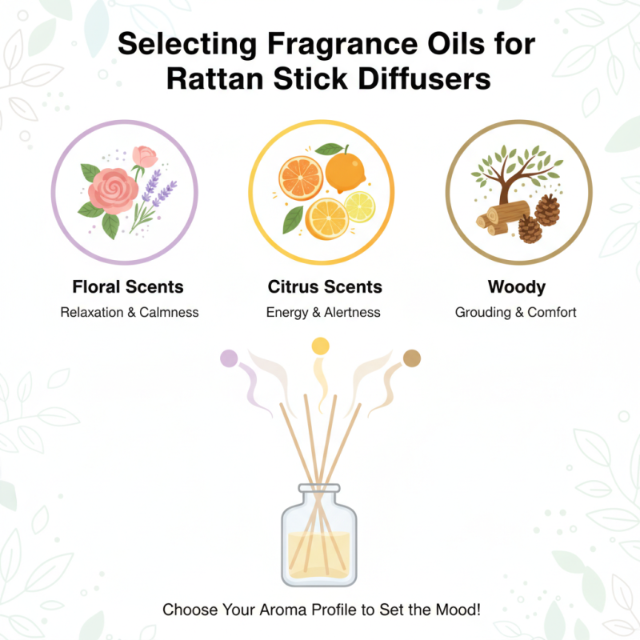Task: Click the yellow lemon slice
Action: pos(360,207)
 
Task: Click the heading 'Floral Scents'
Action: pos(128,286)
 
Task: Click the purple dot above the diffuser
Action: pos(229,358)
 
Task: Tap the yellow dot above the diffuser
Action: pos(320,346)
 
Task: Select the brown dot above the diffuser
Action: pos(411,358)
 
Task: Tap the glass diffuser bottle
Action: pos(319,536)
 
